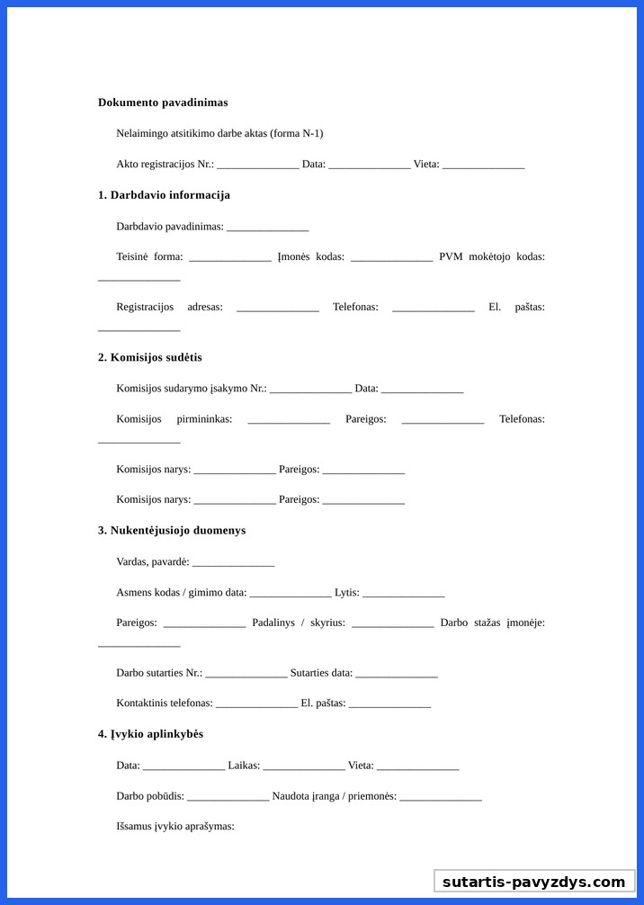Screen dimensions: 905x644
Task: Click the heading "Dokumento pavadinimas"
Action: click(x=163, y=103)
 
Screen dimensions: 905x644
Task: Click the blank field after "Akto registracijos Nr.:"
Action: click(x=257, y=166)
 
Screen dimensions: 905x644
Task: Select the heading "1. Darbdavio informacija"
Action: click(x=164, y=195)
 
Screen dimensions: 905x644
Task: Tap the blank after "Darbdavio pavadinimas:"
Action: click(x=267, y=228)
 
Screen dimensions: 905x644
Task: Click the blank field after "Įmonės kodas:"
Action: click(x=391, y=258)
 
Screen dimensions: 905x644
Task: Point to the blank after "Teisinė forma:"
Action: click(x=230, y=258)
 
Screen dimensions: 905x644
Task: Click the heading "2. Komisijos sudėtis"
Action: click(x=149, y=357)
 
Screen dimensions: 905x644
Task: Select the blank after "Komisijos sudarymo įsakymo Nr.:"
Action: click(x=310, y=390)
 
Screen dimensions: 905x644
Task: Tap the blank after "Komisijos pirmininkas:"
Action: click(x=289, y=420)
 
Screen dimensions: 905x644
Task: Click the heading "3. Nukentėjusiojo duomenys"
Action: click(x=172, y=531)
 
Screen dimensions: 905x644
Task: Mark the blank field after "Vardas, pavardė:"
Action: click(x=233, y=563)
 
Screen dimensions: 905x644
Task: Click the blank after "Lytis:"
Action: click(x=404, y=594)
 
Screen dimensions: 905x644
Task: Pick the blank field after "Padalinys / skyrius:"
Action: click(x=393, y=624)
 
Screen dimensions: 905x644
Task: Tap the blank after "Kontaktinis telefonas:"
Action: click(x=256, y=704)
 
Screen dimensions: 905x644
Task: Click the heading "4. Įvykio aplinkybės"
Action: click(x=150, y=734)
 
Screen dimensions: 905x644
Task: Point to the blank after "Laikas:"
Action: click(x=304, y=766)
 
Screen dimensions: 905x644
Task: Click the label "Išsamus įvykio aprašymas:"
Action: click(x=175, y=826)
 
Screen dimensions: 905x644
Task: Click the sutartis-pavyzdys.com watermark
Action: click(x=533, y=882)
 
